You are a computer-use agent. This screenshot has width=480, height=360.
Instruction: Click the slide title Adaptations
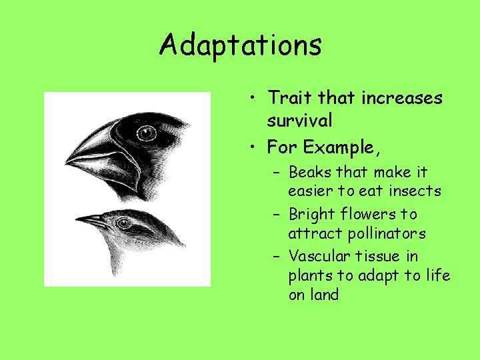pyautogui.click(x=240, y=45)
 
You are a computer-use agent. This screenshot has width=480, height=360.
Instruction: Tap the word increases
pyautogui.click(x=401, y=98)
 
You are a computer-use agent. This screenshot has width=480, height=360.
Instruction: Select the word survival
pyautogui.click(x=299, y=121)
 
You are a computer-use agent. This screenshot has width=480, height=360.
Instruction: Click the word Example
pyautogui.click(x=331, y=145)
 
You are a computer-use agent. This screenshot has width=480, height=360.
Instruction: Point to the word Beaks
pyautogui.click(x=311, y=172)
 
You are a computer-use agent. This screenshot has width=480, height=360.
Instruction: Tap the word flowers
pyautogui.click(x=375, y=215)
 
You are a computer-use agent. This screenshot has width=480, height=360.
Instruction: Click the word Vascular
pyautogui.click(x=317, y=256)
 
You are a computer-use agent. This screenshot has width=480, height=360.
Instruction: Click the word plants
pyautogui.click(x=309, y=275)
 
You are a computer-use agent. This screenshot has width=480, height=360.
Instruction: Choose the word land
pyautogui.click(x=325, y=295)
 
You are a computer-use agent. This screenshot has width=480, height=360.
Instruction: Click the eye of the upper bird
pyautogui.click(x=146, y=134)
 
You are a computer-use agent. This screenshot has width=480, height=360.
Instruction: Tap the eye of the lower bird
pyautogui.click(x=123, y=223)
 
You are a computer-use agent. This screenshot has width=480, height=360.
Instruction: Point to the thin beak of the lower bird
pyautogui.click(x=91, y=219)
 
